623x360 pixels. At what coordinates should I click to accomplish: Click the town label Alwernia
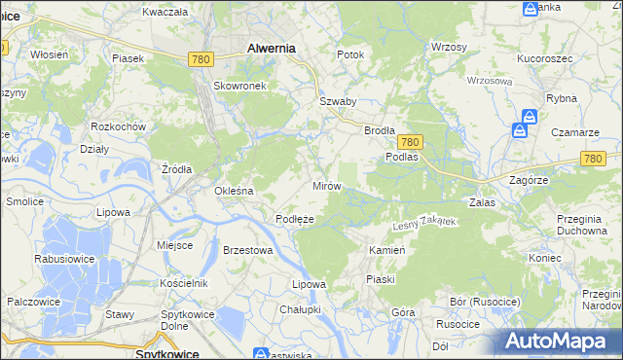tap(272, 47)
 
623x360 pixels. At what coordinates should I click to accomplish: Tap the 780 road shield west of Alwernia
tap(202, 60)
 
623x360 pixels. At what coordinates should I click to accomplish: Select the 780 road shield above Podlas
tap(410, 141)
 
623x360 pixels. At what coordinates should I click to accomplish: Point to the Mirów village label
tap(325, 185)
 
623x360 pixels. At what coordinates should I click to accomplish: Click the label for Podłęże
tap(295, 219)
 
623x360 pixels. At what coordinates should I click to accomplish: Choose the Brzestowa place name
tap(246, 250)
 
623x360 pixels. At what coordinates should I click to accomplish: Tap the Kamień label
tap(386, 250)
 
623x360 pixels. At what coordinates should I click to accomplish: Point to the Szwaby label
tap(338, 101)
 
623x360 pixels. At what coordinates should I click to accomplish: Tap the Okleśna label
tap(234, 191)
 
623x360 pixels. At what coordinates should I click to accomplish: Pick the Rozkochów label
tap(118, 127)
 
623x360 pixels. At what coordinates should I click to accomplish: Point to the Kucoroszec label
tap(544, 59)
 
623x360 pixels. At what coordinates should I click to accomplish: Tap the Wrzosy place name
tap(449, 47)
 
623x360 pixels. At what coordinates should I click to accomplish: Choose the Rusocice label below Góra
tap(458, 324)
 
